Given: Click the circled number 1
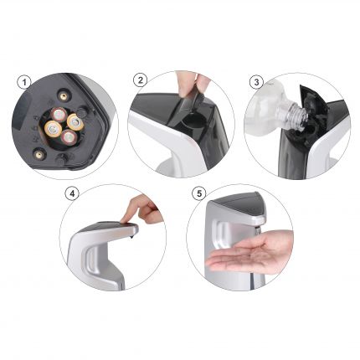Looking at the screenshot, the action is [25, 82].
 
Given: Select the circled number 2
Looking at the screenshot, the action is [141, 80].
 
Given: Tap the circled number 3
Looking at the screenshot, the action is [256, 82].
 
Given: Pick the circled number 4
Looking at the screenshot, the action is [72, 193].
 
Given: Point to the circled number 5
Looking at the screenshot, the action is [199, 193].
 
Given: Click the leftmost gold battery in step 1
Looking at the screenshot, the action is [53, 129].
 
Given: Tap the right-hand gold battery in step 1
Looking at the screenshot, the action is [75, 122].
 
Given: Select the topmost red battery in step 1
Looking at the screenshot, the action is [59, 114].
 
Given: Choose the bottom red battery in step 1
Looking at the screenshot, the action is [69, 137].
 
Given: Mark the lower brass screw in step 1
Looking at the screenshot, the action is [39, 153].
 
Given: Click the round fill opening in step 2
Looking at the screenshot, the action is [192, 122].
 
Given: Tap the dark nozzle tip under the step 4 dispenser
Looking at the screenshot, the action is [131, 238].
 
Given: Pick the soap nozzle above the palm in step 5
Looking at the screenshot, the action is [258, 230].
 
